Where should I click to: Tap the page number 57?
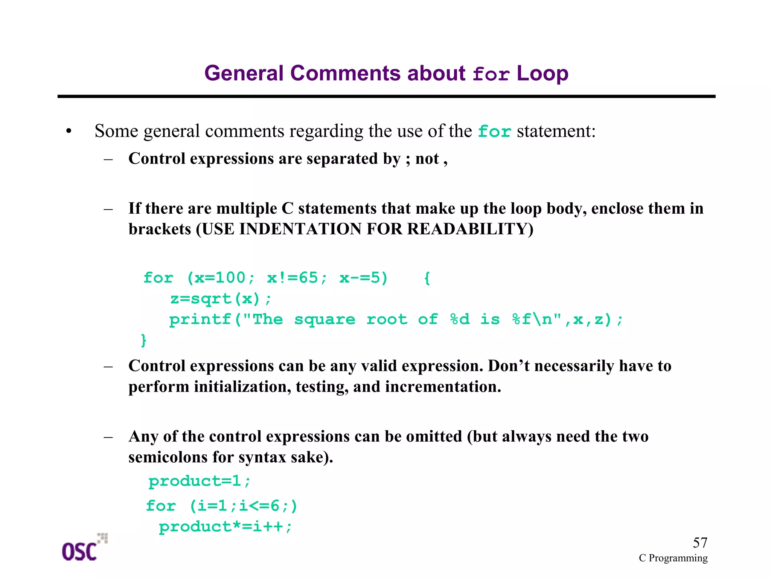700,543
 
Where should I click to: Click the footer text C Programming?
673,558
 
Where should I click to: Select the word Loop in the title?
542,73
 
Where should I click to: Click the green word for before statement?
494,132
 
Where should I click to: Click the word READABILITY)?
470,229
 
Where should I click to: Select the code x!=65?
297,278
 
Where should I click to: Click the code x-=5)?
363,278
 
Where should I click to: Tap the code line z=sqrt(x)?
221,299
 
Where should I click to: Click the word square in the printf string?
325,320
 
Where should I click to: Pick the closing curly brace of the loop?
143,340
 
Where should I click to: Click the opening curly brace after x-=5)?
427,278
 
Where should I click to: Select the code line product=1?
200,481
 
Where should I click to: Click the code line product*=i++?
225,527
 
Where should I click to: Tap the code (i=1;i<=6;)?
244,506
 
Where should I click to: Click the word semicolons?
168,457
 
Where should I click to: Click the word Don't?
509,366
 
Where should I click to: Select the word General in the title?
244,73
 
